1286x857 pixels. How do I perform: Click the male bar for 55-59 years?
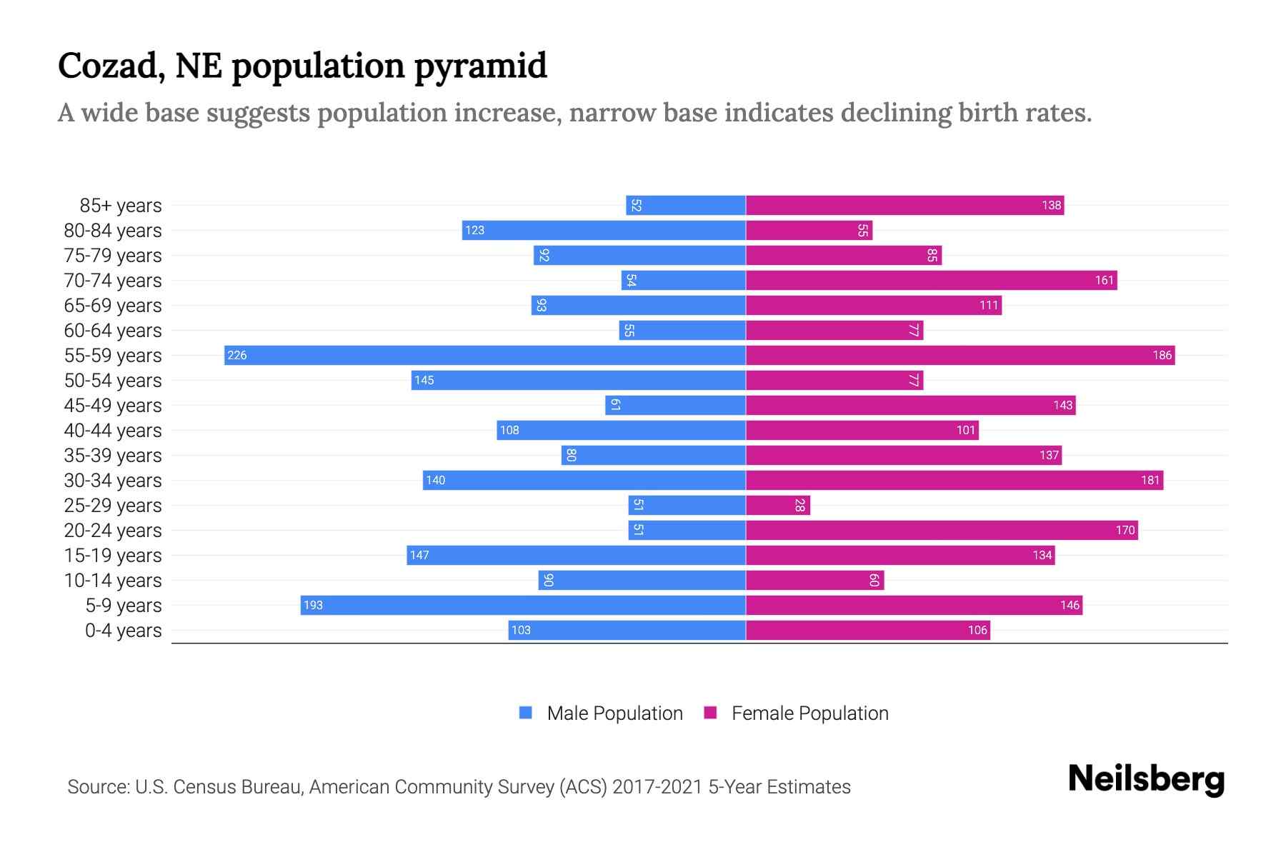point(486,355)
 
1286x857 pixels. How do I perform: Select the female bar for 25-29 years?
point(778,505)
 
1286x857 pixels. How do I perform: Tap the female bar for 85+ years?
point(904,205)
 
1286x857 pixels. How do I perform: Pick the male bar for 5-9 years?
point(523,605)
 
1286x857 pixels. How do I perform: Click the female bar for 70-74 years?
point(931,280)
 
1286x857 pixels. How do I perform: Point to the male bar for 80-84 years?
point(604,230)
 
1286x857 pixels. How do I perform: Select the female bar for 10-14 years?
point(814,580)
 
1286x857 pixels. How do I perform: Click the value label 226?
point(237,355)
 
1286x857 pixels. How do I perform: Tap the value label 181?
point(1150,480)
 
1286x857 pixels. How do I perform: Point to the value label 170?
point(1125,530)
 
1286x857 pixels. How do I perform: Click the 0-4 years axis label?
point(123,631)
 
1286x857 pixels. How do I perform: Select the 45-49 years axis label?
point(113,406)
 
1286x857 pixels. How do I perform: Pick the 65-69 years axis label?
point(113,306)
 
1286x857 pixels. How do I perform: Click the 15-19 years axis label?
point(113,556)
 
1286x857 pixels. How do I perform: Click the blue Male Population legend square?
point(526,713)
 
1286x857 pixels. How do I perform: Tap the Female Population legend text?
point(809,713)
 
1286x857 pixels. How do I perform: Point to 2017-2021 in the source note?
point(657,787)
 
